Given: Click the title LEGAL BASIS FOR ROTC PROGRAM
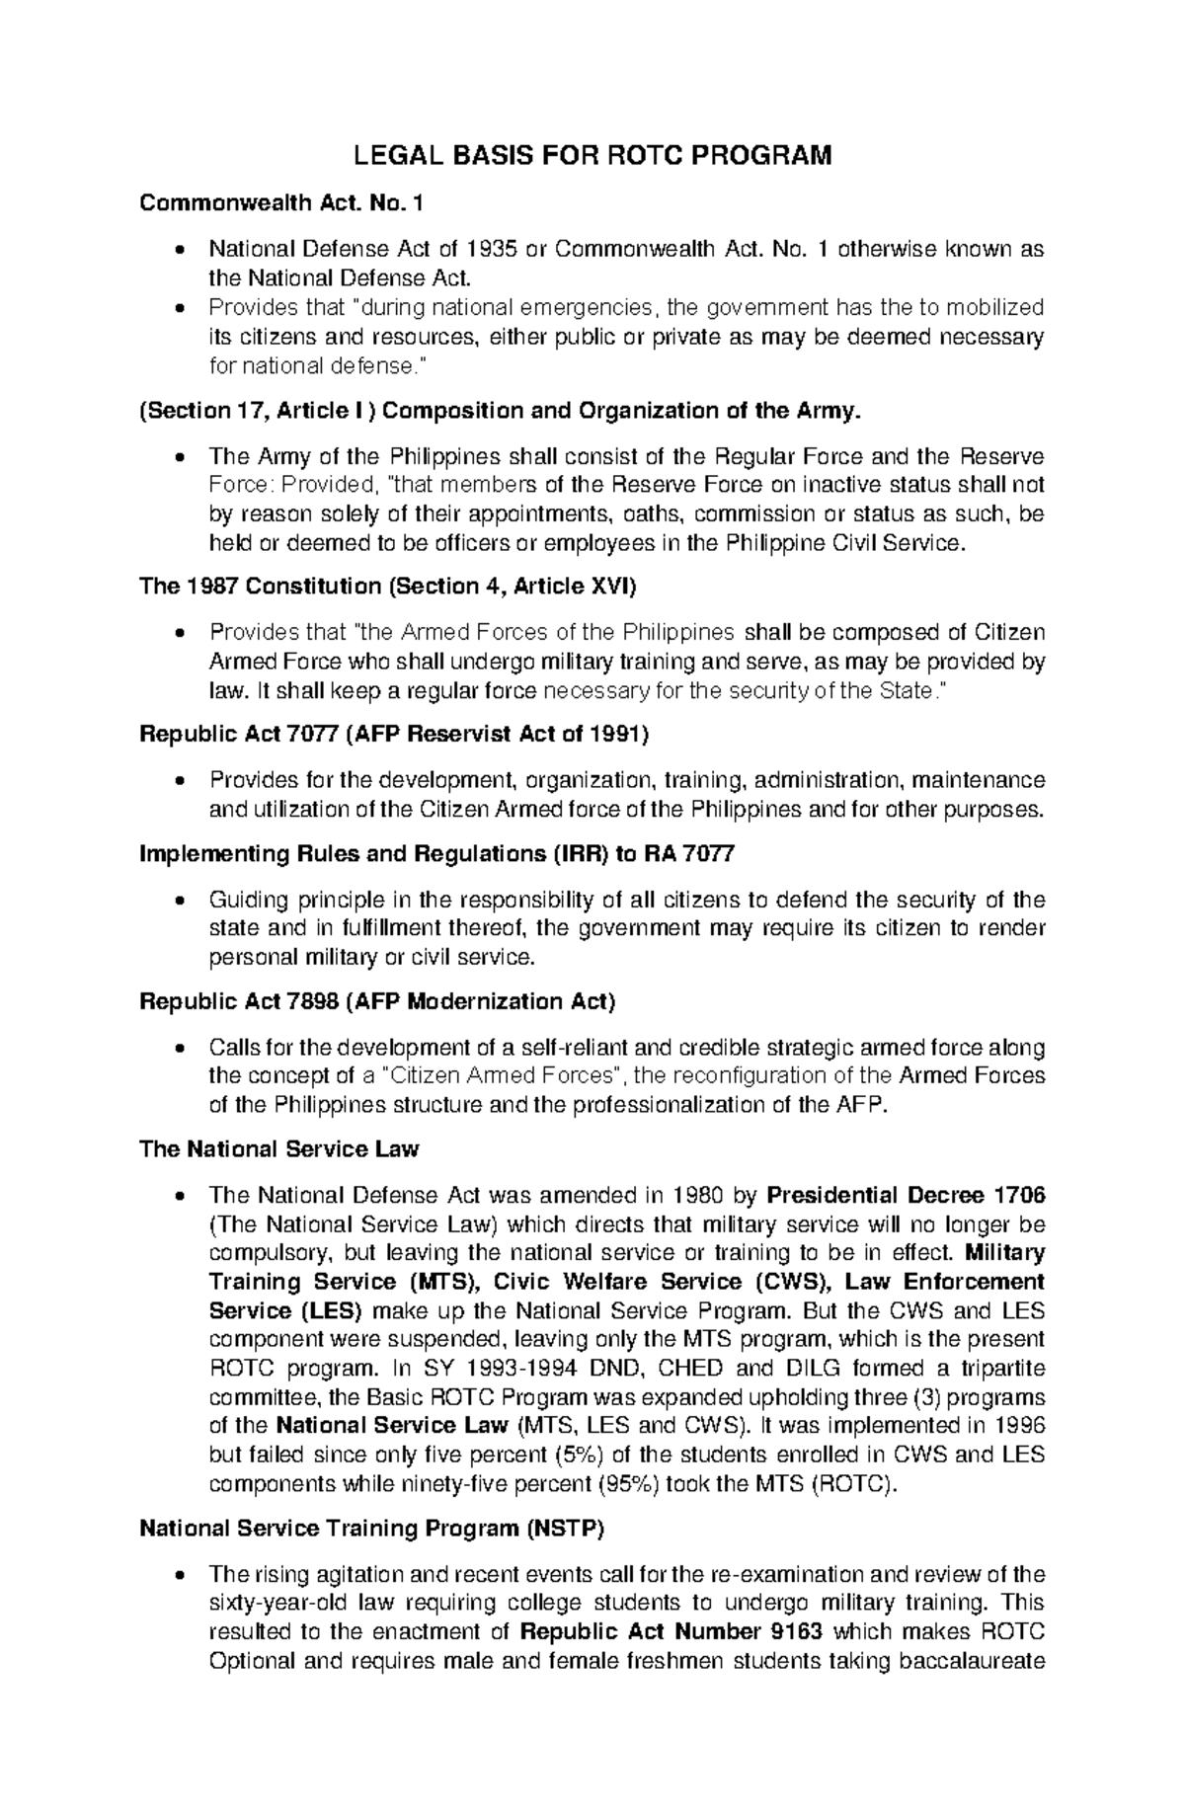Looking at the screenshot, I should pos(592,155).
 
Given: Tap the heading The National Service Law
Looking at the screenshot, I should pos(279,1149).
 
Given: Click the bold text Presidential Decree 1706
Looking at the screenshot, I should pos(906,1196).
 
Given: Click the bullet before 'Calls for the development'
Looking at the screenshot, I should pos(178,1048).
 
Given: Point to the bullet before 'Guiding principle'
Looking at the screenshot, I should pos(178,900).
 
